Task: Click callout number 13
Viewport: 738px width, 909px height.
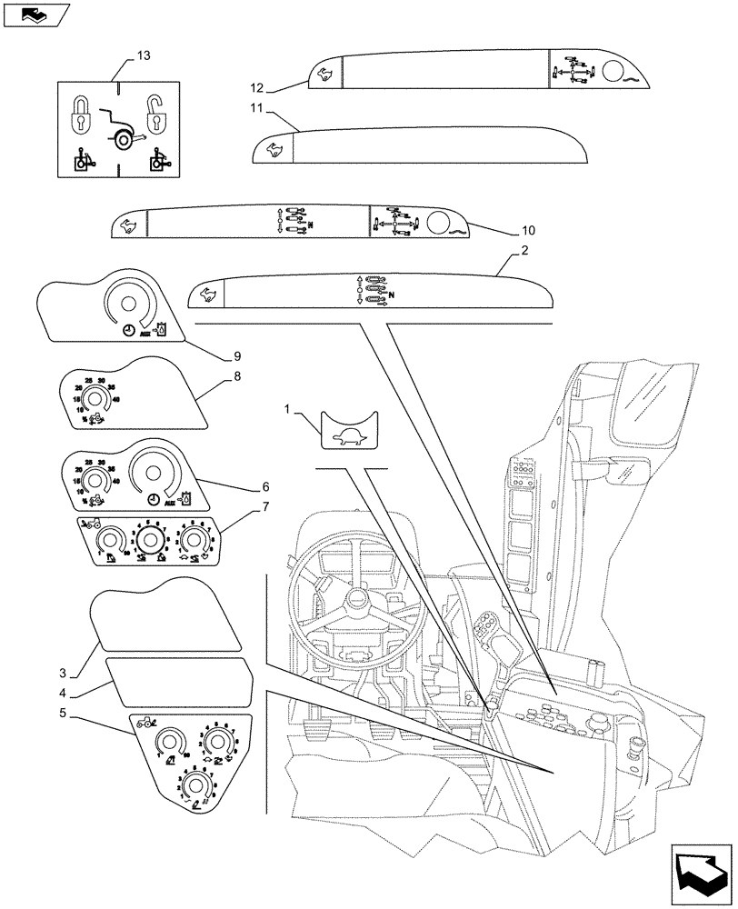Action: click(x=143, y=56)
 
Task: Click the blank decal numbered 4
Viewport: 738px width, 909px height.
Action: click(x=177, y=683)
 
